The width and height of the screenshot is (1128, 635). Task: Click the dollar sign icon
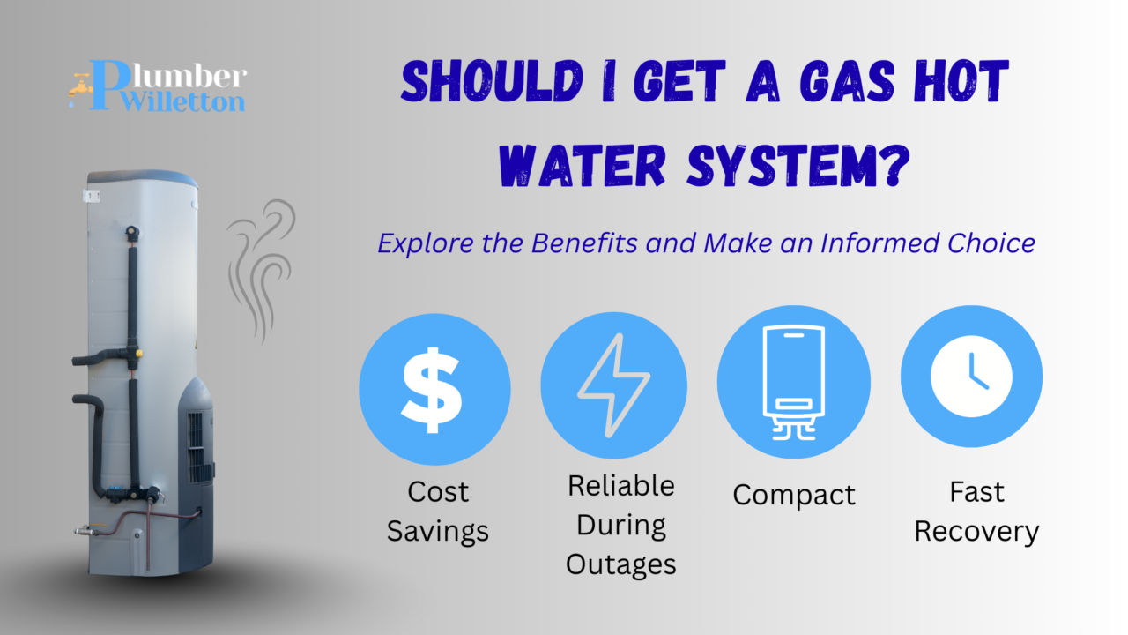[x=434, y=388]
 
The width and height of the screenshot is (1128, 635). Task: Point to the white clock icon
[x=971, y=377]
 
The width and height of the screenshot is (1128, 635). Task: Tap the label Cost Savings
[x=437, y=512]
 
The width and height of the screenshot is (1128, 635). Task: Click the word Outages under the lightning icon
[x=620, y=564]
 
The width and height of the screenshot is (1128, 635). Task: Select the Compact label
[x=794, y=495]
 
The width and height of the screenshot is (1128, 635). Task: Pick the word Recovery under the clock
[x=976, y=532]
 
